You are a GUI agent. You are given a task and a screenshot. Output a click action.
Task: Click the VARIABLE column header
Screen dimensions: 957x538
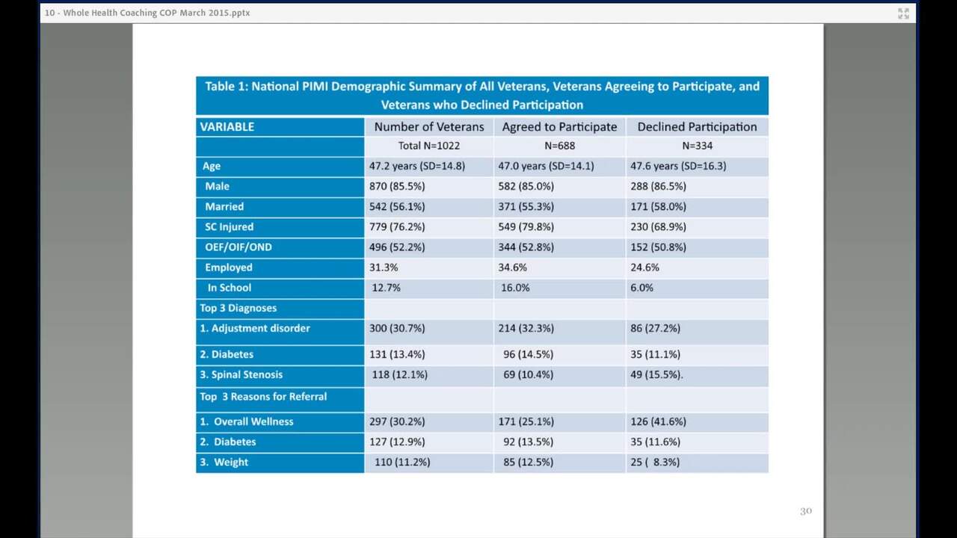pos(227,127)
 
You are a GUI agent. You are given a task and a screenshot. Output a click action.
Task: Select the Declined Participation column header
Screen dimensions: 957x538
pos(697,127)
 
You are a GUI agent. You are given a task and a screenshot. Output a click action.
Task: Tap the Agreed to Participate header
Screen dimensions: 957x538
pos(559,127)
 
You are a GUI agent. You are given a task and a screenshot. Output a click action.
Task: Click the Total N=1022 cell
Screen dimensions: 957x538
pos(429,146)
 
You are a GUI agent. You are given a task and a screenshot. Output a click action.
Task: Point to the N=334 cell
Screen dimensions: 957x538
pos(698,146)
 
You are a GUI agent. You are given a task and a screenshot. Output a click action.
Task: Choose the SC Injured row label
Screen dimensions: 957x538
pos(229,226)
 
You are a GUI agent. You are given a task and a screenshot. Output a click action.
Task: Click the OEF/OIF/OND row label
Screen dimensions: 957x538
pos(238,247)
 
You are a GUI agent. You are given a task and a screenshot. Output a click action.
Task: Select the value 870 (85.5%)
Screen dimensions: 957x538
pos(397,186)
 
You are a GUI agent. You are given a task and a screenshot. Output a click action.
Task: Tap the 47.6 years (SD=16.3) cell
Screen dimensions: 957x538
pos(678,166)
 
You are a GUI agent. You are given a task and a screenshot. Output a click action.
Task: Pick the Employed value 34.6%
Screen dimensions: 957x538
pos(512,268)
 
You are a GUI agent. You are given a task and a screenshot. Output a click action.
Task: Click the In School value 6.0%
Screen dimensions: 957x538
pos(641,288)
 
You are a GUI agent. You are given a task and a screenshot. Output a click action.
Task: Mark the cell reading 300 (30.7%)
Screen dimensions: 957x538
pos(397,328)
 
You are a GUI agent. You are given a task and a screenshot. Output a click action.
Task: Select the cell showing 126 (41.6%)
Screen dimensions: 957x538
pos(659,421)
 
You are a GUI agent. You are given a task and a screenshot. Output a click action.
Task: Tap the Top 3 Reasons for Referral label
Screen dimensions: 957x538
pos(263,397)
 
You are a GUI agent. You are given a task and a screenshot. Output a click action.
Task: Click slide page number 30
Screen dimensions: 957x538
pos(806,511)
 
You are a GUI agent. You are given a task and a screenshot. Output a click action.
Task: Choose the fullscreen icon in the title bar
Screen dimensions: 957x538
pos(903,13)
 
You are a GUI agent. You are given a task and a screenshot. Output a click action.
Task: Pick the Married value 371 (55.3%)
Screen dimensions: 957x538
pos(526,207)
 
